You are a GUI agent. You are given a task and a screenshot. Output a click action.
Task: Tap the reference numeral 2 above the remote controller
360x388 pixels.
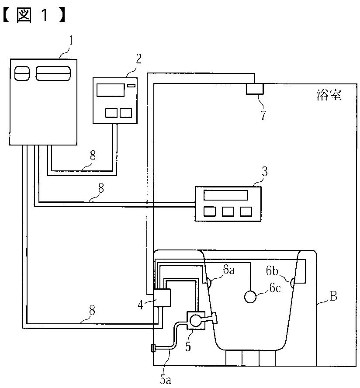click(x=138, y=59)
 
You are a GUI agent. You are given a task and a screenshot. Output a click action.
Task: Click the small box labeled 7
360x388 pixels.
click(x=255, y=89)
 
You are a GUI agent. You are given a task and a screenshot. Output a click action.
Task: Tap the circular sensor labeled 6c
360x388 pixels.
click(x=250, y=297)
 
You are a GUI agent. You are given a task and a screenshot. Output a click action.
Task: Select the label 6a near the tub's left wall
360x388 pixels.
click(x=229, y=271)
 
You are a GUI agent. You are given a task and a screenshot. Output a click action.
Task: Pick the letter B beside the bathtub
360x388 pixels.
click(x=333, y=297)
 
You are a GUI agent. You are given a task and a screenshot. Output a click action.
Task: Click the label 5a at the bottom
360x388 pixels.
click(x=165, y=379)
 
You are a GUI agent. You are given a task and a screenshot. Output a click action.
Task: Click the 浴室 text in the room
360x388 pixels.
click(x=328, y=94)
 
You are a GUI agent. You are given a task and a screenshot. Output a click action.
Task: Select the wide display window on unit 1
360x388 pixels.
click(x=53, y=73)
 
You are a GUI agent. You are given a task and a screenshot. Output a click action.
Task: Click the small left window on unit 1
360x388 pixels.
click(x=21, y=73)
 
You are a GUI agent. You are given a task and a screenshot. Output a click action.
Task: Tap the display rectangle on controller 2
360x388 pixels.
click(x=110, y=90)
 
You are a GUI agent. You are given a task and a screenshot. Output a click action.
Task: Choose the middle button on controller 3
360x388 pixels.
click(x=228, y=211)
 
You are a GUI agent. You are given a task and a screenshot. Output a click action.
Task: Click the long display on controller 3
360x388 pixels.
click(x=226, y=195)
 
